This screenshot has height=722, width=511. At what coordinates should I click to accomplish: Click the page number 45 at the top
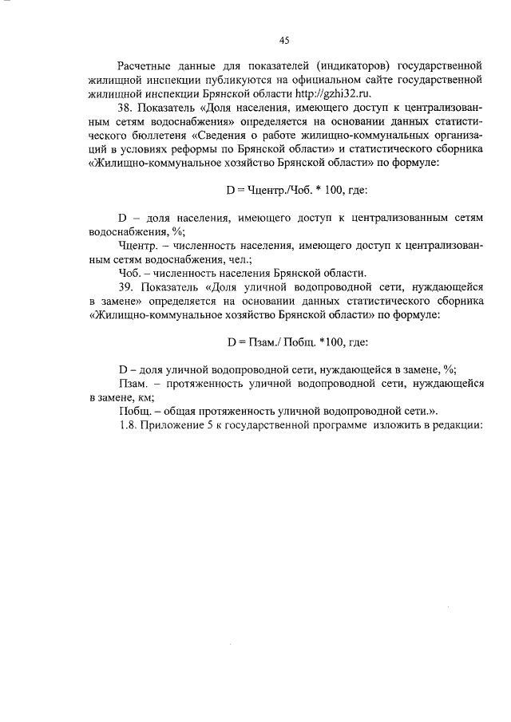(x=283, y=41)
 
